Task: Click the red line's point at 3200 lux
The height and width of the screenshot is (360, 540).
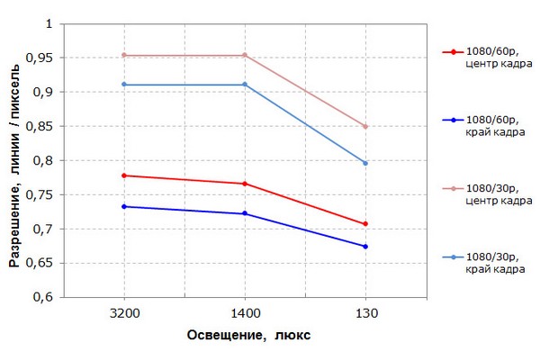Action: point(124,175)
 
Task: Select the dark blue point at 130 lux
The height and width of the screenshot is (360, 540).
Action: point(365,247)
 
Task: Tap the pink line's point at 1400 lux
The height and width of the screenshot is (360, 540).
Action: point(245,55)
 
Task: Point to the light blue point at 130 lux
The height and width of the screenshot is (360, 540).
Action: point(365,163)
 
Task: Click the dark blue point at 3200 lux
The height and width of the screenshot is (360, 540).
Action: point(124,207)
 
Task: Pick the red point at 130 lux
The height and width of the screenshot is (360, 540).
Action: point(365,224)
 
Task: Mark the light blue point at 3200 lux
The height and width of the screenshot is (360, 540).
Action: point(124,85)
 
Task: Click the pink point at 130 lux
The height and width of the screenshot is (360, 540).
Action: point(365,126)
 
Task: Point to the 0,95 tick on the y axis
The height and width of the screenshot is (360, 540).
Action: point(41,58)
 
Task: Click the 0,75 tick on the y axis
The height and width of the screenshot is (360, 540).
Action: point(41,195)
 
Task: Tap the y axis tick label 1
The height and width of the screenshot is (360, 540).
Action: point(50,24)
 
